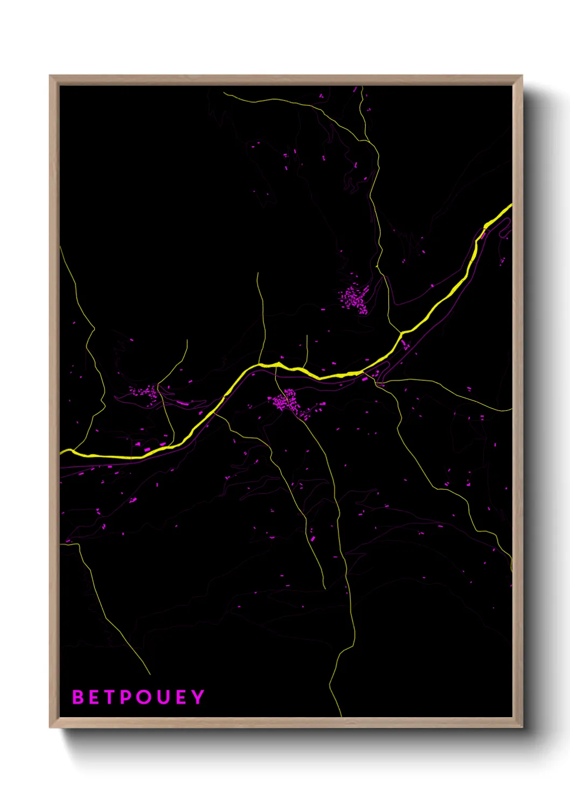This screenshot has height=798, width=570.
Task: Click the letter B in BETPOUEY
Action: [79, 697]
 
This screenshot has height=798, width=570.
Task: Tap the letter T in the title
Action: [109, 697]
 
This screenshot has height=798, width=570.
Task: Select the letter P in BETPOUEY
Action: [126, 697]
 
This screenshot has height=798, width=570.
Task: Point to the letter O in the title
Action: [144, 697]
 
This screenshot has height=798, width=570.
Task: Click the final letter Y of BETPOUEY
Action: [198, 697]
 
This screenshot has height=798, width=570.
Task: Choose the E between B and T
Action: [95, 697]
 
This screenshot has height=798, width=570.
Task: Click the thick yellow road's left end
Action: [61, 452]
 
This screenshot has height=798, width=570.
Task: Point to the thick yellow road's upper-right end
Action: [511, 205]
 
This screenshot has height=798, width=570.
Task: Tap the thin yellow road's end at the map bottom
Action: [341, 716]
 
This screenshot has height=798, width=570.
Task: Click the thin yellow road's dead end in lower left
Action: [149, 674]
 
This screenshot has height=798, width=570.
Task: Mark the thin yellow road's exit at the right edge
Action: [511, 410]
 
